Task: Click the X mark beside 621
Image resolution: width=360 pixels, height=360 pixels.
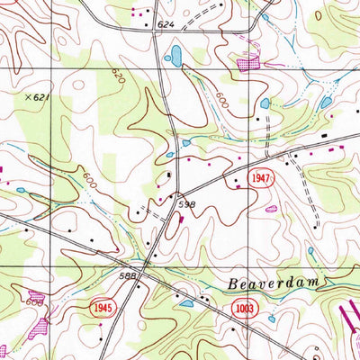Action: tap(29, 95)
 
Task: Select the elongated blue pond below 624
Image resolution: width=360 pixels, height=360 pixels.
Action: tap(175, 58)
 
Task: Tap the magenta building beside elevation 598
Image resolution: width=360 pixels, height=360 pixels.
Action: tap(182, 217)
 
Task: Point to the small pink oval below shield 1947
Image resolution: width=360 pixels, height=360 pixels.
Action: tap(271, 209)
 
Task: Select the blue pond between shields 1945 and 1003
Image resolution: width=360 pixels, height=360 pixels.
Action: tap(186, 303)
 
